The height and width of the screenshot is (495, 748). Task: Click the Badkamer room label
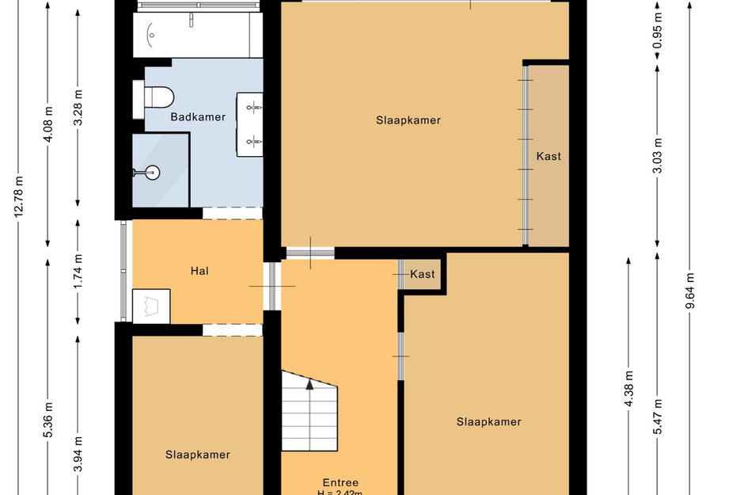pyautogui.click(x=198, y=117)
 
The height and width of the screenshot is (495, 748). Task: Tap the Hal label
pyautogui.click(x=199, y=271)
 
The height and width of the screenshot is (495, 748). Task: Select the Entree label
pyautogui.click(x=340, y=482)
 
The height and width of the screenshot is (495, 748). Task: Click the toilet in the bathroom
pyautogui.click(x=154, y=97)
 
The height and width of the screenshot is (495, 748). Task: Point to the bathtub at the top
pyautogui.click(x=198, y=35)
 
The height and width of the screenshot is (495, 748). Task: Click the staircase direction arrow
pyautogui.click(x=309, y=384)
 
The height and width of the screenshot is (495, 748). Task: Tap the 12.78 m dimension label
pyautogui.click(x=19, y=196)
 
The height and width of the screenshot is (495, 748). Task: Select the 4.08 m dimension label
pyautogui.click(x=48, y=124)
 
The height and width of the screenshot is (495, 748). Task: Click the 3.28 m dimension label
pyautogui.click(x=78, y=108)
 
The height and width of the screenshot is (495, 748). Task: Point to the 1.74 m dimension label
pyautogui.click(x=78, y=271)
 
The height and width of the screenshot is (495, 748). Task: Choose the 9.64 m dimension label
pyautogui.click(x=690, y=291)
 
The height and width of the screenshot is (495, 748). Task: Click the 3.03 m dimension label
pyautogui.click(x=657, y=155)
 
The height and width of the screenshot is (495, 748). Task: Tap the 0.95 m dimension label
pyautogui.click(x=657, y=31)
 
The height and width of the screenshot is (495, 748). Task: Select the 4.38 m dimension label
pyautogui.click(x=628, y=389)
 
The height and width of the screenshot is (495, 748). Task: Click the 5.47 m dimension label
pyautogui.click(x=657, y=417)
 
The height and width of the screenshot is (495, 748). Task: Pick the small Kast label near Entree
pyautogui.click(x=423, y=274)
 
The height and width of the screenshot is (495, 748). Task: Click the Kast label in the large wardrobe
pyautogui.click(x=549, y=156)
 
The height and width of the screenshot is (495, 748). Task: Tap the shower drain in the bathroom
pyautogui.click(x=153, y=173)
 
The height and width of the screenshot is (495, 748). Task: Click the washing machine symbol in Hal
pyautogui.click(x=151, y=306)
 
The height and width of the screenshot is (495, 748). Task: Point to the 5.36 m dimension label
pyautogui.click(x=48, y=420)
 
